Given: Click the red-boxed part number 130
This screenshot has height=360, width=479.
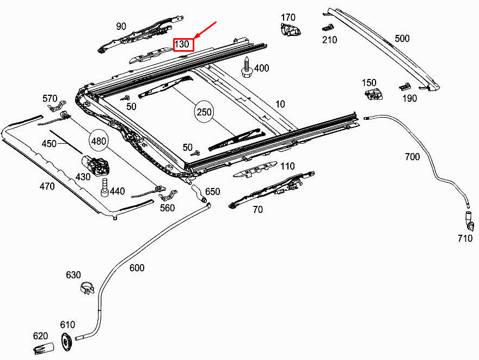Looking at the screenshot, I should [183, 44].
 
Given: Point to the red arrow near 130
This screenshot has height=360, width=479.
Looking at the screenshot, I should [206, 32].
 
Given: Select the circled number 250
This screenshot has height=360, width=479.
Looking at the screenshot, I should [204, 112].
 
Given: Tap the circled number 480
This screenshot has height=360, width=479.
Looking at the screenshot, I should [99, 142].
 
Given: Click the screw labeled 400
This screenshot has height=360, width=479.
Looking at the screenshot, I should [246, 68].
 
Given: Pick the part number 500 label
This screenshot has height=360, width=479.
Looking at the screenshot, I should [402, 39].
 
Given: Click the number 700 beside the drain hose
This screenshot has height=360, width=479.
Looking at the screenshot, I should [412, 157].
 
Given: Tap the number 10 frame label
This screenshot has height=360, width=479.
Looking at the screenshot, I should [280, 103].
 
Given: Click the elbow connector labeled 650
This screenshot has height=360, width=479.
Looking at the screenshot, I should [199, 194].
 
